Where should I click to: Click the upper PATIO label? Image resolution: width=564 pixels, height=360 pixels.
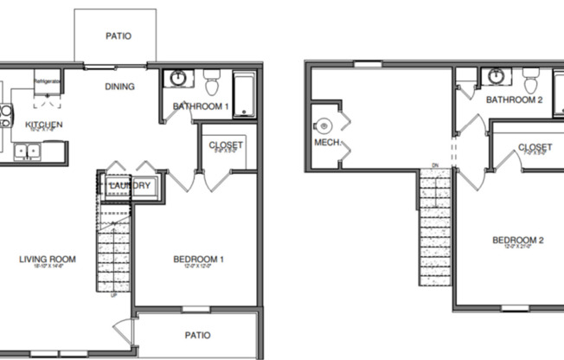(118, 36)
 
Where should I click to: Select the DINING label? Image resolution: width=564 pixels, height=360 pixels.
(119, 87)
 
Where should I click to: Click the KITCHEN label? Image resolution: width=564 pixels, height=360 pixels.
(43, 125)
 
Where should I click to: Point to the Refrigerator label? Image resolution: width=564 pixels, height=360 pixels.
(47, 81)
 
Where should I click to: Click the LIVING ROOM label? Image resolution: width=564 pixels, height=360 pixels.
(48, 259)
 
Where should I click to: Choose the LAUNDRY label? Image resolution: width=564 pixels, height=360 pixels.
(131, 186)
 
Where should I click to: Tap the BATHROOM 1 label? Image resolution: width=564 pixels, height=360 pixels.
(201, 107)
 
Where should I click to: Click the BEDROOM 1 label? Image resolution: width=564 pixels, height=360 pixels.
(198, 259)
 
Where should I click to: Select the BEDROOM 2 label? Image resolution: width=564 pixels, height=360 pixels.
(517, 241)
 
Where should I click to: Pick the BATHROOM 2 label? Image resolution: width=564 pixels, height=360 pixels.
(514, 100)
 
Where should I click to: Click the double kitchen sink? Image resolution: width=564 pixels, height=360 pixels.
(29, 151)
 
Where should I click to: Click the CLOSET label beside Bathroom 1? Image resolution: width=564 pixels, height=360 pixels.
(227, 145)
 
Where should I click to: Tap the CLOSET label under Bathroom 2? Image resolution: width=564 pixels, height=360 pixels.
(535, 148)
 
